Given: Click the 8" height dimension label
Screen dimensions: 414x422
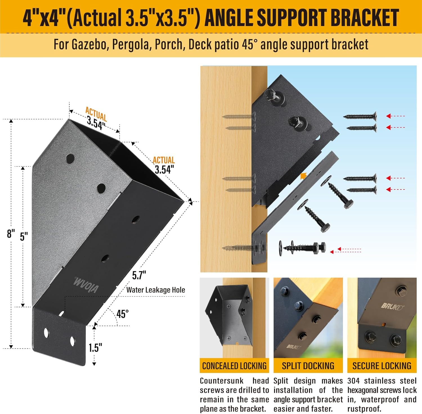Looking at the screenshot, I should (x=11, y=233).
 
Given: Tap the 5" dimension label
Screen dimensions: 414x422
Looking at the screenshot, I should (x=24, y=236).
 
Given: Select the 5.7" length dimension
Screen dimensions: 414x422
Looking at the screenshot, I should (x=139, y=275).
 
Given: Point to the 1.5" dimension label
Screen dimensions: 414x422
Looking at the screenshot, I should (x=95, y=348).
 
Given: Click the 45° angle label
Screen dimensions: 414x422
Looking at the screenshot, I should (x=123, y=314).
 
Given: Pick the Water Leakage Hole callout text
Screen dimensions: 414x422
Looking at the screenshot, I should (x=156, y=290).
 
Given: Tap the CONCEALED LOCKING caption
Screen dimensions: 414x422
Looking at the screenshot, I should (x=234, y=366).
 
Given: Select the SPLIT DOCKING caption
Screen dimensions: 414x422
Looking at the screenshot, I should (x=308, y=366).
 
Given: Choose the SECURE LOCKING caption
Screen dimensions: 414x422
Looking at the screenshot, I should (x=382, y=366).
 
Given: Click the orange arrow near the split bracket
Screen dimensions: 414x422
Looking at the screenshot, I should (x=303, y=176).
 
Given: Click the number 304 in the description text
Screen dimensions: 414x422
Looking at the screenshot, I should (x=353, y=381).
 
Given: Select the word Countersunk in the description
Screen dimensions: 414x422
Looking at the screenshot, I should (x=221, y=381).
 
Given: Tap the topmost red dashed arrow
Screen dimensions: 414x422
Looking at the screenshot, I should (x=395, y=116).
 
